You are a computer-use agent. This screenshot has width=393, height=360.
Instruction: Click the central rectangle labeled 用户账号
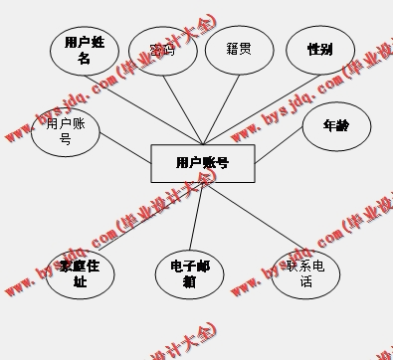tap(203, 163)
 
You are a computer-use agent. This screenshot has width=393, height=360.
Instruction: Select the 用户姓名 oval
tap(85, 50)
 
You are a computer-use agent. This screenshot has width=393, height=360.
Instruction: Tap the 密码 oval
tap(162, 51)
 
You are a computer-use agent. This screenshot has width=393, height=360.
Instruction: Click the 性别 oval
tap(319, 49)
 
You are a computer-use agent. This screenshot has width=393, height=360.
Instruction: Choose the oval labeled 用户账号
tap(66, 131)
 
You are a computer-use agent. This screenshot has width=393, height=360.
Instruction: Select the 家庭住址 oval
tap(80, 273)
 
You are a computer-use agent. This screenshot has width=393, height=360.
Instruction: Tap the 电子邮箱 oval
tap(189, 273)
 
